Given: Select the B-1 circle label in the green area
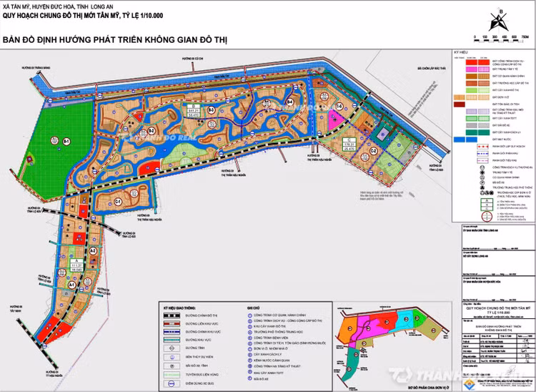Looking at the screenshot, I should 66,143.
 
